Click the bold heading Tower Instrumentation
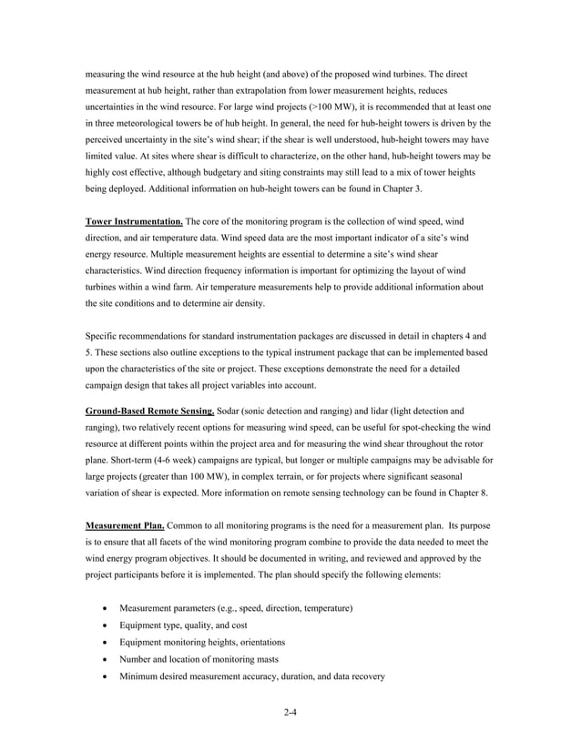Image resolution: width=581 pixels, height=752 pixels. (x=134, y=221)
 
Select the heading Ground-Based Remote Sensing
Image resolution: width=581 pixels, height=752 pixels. (x=149, y=411)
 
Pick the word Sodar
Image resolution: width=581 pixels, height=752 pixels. (x=232, y=411)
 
